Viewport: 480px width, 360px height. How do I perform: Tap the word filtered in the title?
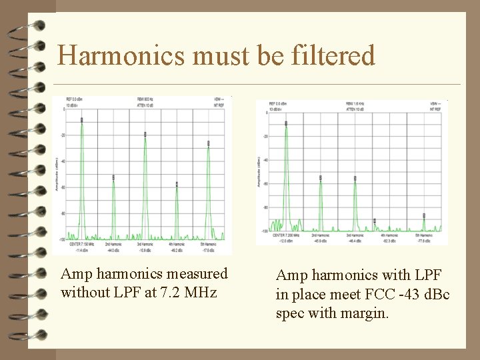tap(333, 55)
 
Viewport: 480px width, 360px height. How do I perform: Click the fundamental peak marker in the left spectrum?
tap(82, 120)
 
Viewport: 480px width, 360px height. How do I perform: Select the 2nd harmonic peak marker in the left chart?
tap(113, 177)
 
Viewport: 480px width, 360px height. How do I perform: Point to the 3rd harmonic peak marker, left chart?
tap(145, 134)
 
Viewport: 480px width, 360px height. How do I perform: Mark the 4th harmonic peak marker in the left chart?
tap(177, 183)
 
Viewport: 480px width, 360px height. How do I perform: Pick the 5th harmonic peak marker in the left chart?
tap(209, 143)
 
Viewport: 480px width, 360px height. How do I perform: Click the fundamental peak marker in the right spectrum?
tap(286, 123)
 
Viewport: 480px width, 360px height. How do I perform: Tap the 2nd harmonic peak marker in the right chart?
tap(321, 177)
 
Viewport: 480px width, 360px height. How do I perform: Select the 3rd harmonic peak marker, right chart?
tap(355, 178)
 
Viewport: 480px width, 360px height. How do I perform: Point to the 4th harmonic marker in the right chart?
tap(375, 220)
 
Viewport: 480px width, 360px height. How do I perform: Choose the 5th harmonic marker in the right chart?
tap(424, 215)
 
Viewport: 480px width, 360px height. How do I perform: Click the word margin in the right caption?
tap(367, 312)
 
